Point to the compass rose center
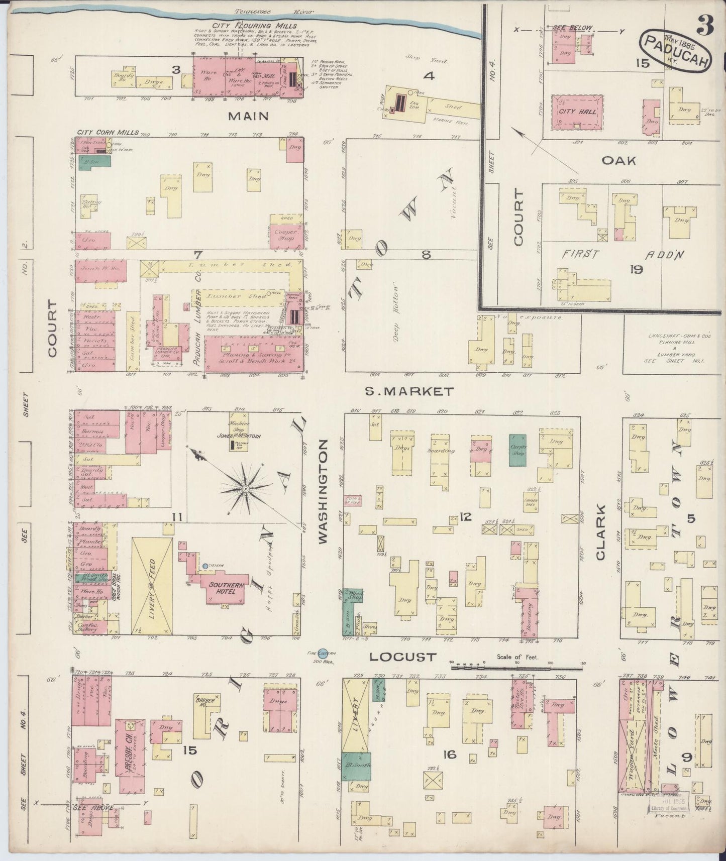[245, 488]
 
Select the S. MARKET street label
[409, 391]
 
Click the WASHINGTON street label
[323, 491]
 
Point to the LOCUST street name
[401, 657]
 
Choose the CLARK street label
[600, 532]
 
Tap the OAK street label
[619, 161]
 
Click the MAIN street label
[248, 117]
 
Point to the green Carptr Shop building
[517, 450]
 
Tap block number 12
[466, 516]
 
